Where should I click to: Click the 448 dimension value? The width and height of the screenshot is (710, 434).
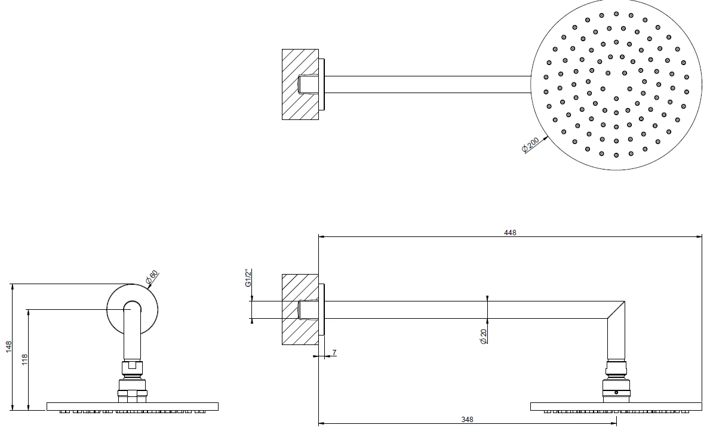click(510, 233)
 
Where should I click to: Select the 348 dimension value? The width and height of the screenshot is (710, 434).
click(468, 420)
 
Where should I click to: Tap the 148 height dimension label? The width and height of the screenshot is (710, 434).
click(8, 347)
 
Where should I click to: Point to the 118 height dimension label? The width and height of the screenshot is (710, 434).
click(24, 360)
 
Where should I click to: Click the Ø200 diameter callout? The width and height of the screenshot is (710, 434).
click(530, 145)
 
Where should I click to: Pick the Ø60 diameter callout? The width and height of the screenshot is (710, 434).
click(152, 277)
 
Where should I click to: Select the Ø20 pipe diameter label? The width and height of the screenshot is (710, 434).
click(483, 336)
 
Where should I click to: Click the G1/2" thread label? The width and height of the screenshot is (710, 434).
click(248, 278)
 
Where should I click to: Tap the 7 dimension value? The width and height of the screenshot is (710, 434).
click(334, 353)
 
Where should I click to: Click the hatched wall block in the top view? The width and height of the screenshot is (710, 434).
click(300, 85)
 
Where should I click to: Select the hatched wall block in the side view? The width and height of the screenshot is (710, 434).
click(300, 310)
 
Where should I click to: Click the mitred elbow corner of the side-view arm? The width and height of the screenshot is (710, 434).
click(616, 310)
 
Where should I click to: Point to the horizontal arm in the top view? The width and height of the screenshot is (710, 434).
click(428, 85)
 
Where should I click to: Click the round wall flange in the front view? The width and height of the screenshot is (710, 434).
click(132, 310)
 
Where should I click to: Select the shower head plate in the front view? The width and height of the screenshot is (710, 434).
click(132, 407)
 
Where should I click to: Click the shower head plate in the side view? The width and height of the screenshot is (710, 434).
click(616, 407)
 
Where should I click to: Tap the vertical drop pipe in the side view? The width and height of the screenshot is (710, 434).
click(616, 340)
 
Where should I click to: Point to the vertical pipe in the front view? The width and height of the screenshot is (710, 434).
click(132, 335)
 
